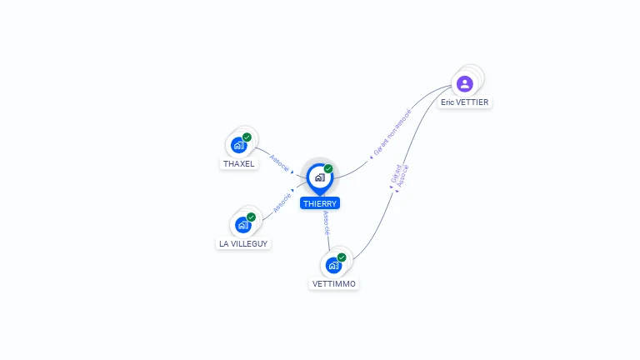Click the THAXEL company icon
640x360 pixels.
pos(239,145)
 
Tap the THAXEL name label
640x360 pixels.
pos(239,164)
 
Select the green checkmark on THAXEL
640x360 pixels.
pos(247,137)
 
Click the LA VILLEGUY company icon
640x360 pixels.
pos(243,225)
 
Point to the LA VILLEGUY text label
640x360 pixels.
pos(243,244)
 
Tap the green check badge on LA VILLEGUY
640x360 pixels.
pos(251,217)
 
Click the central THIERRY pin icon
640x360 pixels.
pos(319,177)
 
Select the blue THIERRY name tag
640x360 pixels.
pos(320,203)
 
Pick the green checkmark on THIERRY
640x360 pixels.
pos(328,169)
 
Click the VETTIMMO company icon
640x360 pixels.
pos(333,265)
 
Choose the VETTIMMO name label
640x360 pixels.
pos(334,284)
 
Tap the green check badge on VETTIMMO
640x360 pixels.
pos(342,257)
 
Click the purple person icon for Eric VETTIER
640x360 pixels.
pos(465,83)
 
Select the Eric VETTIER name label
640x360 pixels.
pos(466,102)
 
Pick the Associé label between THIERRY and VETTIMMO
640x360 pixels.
pos(327,223)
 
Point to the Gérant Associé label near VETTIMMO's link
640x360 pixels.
pos(399,173)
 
